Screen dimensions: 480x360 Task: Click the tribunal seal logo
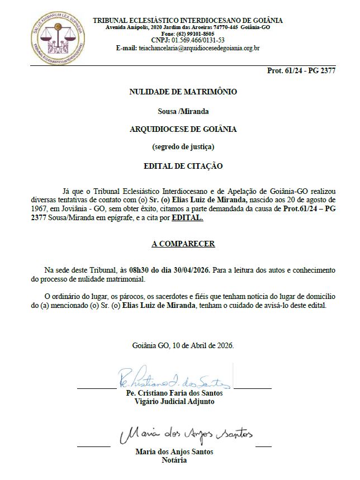click(58, 35)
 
